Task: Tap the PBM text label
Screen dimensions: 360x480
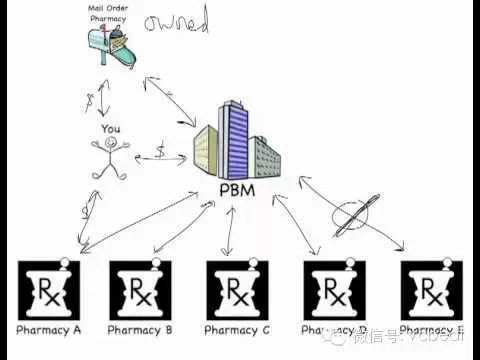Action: (x=235, y=191)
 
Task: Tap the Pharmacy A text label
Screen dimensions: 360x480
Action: (x=48, y=329)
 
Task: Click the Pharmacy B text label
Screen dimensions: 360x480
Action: (x=140, y=329)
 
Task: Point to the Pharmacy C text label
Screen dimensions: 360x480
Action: (x=237, y=329)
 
